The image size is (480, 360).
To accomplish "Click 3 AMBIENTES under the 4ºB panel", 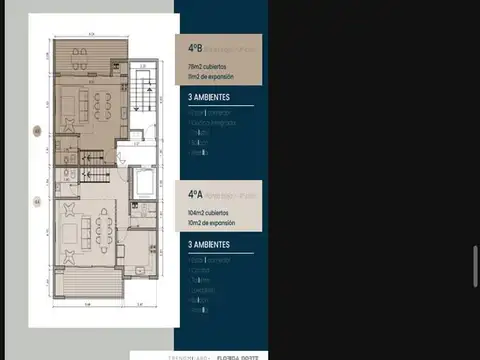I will pyautogui.click(x=210, y=98).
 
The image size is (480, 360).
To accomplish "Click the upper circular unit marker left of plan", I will pyautogui.click(x=38, y=130).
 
